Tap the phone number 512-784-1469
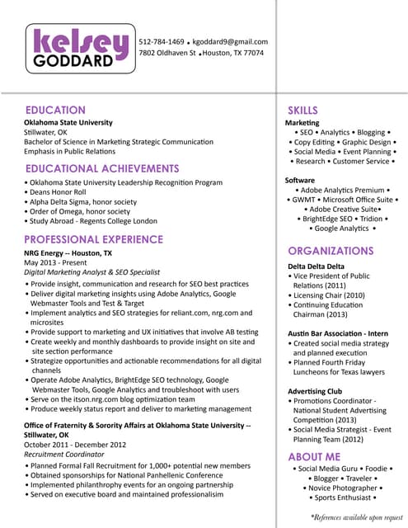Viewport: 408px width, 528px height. point(162,41)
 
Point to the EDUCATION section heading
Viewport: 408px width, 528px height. point(55,110)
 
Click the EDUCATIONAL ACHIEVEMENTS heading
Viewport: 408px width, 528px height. point(102,168)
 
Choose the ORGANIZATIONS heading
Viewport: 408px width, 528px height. point(331,250)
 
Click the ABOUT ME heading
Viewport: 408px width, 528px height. point(314,456)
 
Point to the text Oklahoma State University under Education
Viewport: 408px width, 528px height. point(68,122)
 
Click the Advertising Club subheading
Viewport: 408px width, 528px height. point(315,390)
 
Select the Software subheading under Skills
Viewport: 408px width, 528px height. point(300,179)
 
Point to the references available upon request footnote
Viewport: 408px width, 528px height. point(355,516)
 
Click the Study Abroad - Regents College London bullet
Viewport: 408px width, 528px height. point(91,221)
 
